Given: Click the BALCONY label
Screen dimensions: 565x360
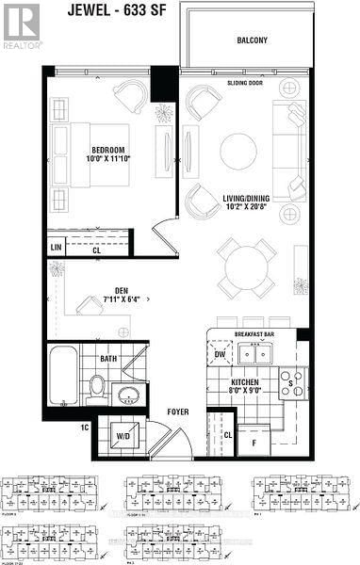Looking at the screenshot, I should tap(253, 40).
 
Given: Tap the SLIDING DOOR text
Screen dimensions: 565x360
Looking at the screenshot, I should tap(244, 83).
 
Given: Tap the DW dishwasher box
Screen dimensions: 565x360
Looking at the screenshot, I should tap(220, 355).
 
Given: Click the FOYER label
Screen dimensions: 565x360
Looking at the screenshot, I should tap(180, 411).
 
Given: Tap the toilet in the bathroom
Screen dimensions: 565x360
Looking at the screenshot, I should tap(96, 385).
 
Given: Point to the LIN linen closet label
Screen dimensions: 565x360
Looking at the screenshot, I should tap(57, 249).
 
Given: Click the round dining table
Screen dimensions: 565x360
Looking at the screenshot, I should tap(244, 265).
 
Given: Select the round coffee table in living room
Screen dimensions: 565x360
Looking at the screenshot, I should tap(237, 153).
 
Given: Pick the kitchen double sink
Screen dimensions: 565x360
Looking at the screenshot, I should tap(252, 355).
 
